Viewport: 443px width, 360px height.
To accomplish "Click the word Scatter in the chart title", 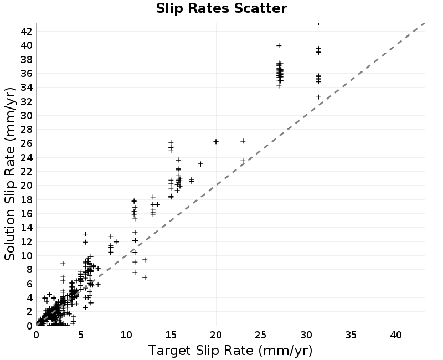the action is [x=260, y=8].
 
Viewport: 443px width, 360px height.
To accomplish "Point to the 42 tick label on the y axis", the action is [x=27, y=32].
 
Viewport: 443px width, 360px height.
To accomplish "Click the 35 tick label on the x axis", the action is [x=351, y=335].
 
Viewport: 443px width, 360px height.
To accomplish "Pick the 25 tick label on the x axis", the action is [x=261, y=335].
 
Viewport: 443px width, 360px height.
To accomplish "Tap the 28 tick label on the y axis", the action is [x=27, y=130].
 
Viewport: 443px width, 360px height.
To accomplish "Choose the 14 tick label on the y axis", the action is [x=27, y=228].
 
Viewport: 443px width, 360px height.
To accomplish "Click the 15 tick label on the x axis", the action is [x=171, y=335].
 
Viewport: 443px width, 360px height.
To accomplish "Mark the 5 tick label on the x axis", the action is [x=81, y=335].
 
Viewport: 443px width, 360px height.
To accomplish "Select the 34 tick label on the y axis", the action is [x=27, y=88].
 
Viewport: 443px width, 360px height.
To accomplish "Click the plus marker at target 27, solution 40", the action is [x=279, y=45].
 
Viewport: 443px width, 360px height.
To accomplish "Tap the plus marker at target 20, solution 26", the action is [x=216, y=142].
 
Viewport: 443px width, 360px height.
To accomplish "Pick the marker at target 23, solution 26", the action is [x=243, y=141].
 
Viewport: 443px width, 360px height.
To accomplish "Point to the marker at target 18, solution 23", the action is [x=200, y=164].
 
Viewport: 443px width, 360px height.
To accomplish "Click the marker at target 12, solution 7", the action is [x=145, y=277].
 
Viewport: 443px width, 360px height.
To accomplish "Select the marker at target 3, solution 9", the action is [x=63, y=264].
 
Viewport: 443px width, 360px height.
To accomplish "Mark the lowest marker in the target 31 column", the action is [x=318, y=97].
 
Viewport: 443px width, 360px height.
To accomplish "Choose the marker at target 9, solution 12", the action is [x=116, y=241].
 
